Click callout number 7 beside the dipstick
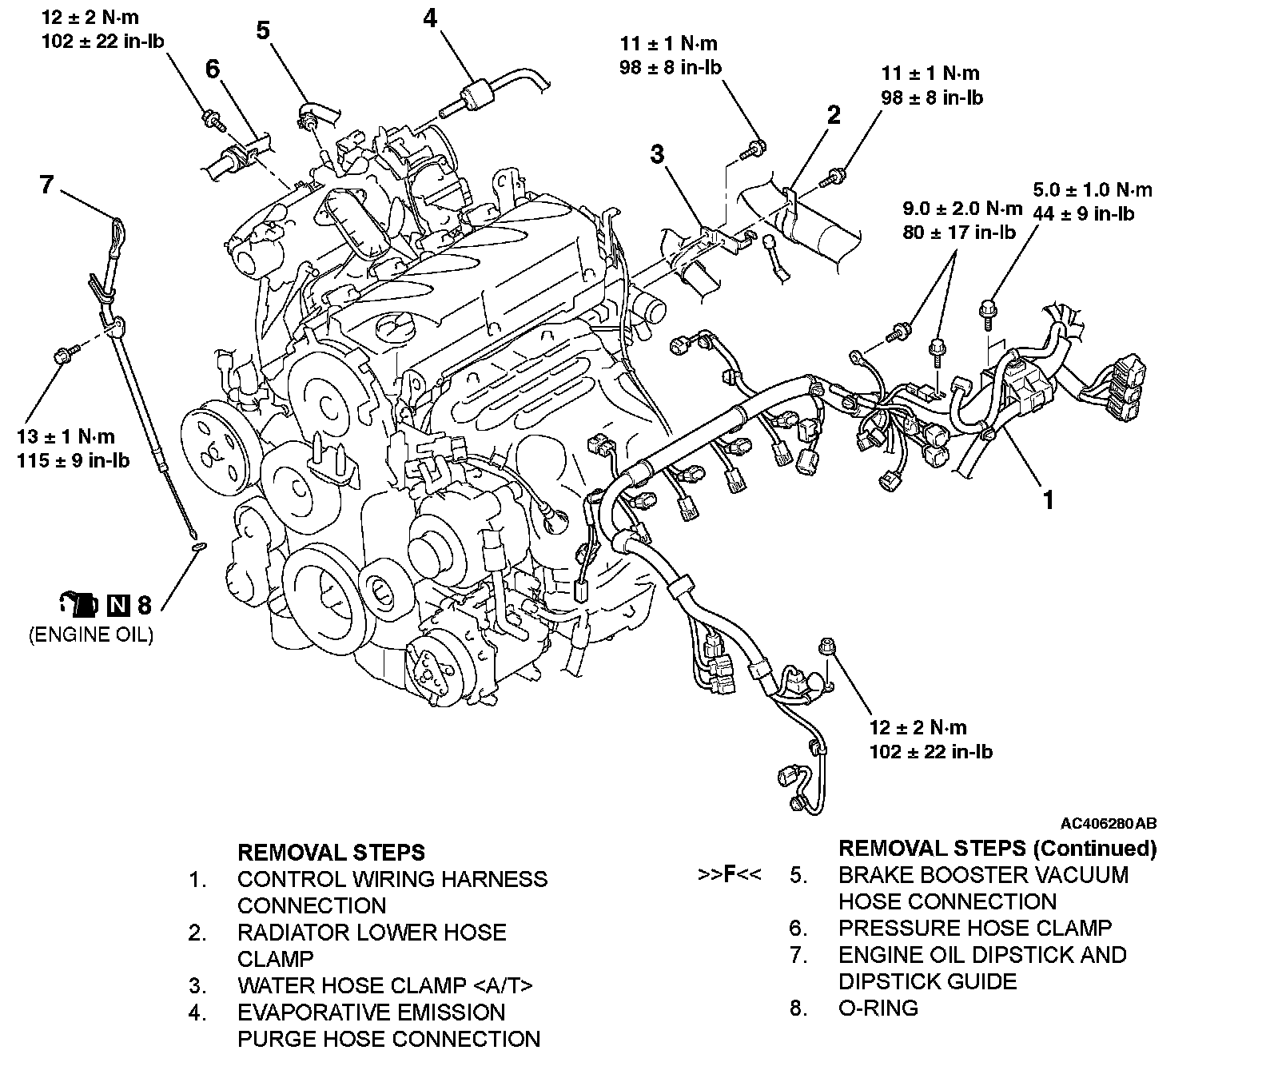click(46, 185)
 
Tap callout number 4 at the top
click(430, 18)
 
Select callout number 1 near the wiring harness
click(1048, 500)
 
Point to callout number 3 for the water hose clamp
click(657, 154)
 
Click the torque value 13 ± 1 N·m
click(66, 436)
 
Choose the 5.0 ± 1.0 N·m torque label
click(1093, 190)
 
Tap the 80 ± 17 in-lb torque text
click(959, 233)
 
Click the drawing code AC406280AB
click(1109, 823)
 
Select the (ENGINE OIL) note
click(90, 635)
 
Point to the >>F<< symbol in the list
click(729, 875)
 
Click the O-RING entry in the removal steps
click(878, 1008)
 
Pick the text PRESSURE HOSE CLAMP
click(974, 928)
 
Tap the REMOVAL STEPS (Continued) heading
click(997, 848)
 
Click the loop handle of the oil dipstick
click(117, 229)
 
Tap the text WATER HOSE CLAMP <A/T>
click(384, 985)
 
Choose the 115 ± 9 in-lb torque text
click(73, 461)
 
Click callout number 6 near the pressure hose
click(212, 70)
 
